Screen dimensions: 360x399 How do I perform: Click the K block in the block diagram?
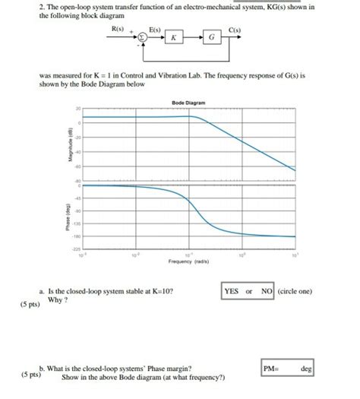(x=174, y=37)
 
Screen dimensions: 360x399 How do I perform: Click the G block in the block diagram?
(x=211, y=37)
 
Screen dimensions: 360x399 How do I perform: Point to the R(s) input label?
(x=118, y=27)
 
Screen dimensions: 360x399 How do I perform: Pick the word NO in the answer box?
(x=266, y=291)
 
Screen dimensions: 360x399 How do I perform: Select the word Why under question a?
(x=55, y=299)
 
